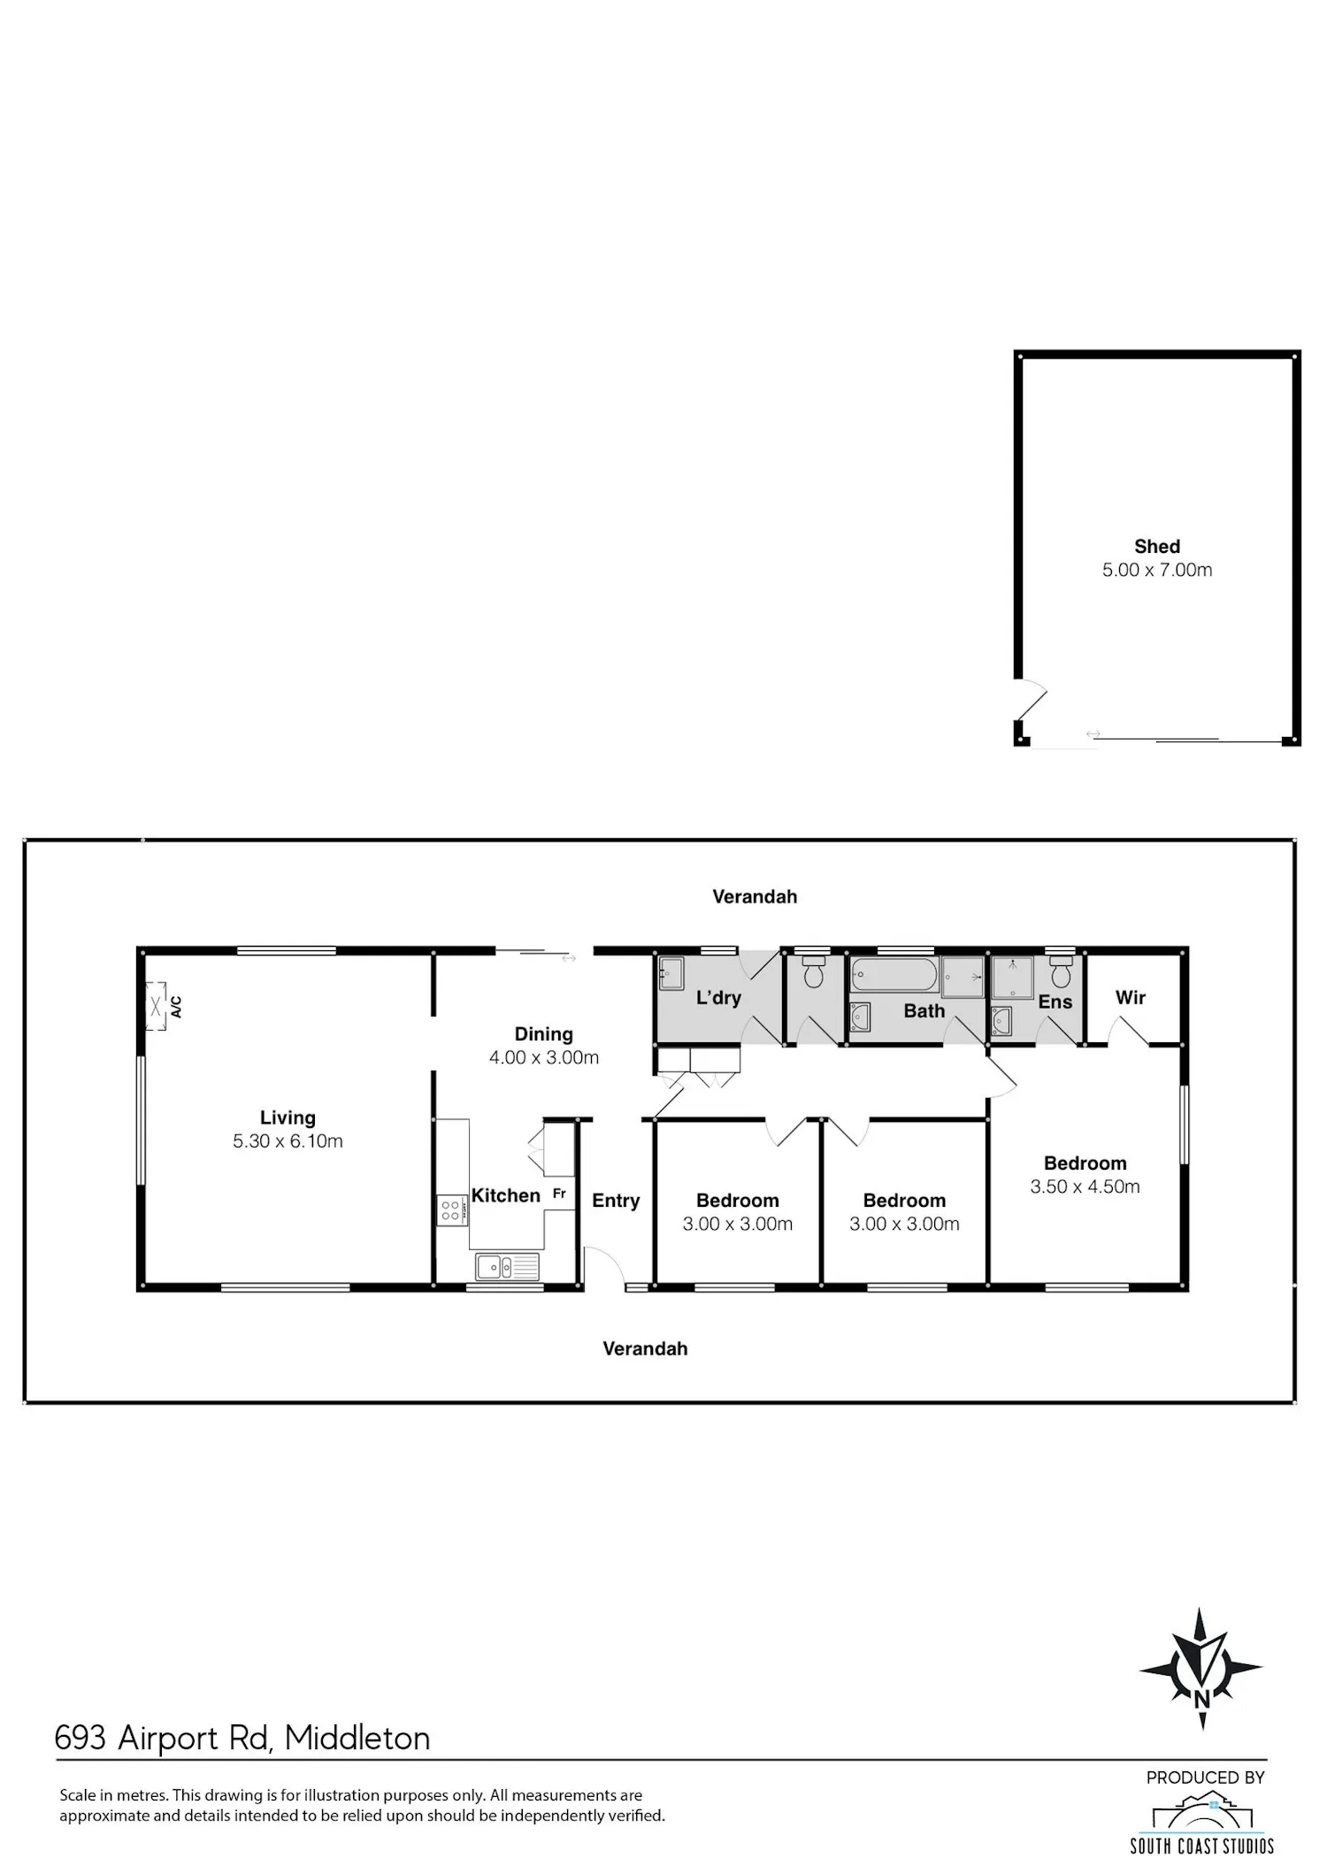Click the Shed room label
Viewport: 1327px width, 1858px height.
coord(1157,547)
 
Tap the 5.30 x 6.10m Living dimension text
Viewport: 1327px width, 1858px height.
coord(288,1141)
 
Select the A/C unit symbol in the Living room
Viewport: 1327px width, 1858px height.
coord(157,1006)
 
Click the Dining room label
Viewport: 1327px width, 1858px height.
coord(544,1034)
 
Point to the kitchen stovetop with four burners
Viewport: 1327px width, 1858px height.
coord(450,1210)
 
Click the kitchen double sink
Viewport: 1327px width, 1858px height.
coord(507,1267)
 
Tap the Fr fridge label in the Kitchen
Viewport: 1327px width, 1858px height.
coord(559,1194)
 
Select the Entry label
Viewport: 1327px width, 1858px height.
coord(616,1201)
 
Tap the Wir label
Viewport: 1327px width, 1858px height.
coord(1131,998)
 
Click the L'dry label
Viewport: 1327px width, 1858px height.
coord(718,998)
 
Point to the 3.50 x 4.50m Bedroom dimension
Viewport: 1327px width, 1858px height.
coord(1085,1187)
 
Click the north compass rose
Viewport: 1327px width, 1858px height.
coord(1201,1670)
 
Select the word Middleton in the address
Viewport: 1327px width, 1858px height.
coord(357,1739)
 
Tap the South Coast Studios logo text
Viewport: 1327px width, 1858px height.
coord(1202,1846)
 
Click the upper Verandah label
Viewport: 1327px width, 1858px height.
coord(755,897)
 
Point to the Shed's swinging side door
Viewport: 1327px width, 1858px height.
coord(1032,700)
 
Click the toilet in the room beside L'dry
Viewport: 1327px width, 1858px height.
coord(814,973)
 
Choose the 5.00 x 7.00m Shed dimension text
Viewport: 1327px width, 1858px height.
coord(1157,571)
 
